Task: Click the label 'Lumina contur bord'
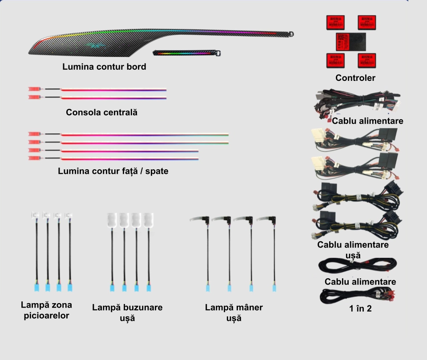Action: click(x=104, y=67)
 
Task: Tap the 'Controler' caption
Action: click(x=355, y=78)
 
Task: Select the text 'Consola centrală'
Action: click(x=101, y=112)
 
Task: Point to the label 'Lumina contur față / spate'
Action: click(x=113, y=171)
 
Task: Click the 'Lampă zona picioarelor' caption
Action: click(x=46, y=310)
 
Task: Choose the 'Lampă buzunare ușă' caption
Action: click(x=127, y=312)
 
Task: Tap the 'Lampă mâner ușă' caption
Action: click(x=234, y=312)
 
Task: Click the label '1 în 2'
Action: click(x=360, y=308)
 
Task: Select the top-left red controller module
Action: click(x=336, y=22)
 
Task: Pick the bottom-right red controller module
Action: click(x=367, y=60)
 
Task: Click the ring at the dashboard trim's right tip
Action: click(x=291, y=34)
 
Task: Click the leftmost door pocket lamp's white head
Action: click(x=112, y=220)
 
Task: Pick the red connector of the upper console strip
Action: click(x=34, y=89)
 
